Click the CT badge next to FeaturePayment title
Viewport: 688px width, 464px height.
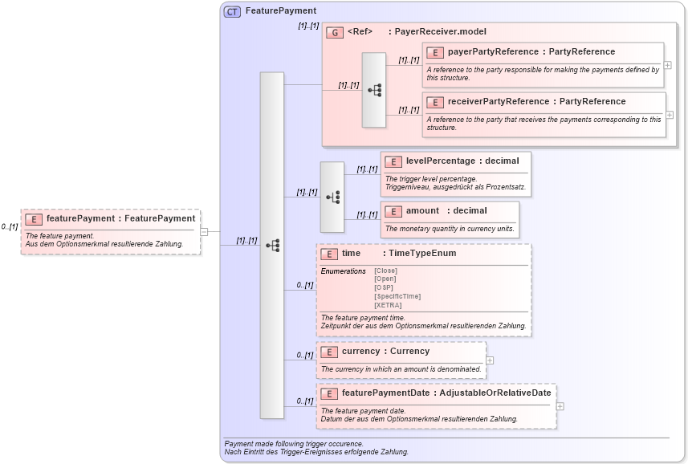pos(232,11)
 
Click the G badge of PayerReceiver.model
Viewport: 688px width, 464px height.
pos(335,32)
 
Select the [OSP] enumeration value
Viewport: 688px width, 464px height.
pos(385,287)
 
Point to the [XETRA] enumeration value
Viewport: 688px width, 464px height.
pos(389,305)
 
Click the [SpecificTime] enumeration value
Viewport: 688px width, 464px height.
pos(397,296)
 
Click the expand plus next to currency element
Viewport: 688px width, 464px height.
pos(490,360)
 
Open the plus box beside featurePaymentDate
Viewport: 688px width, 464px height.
pos(560,406)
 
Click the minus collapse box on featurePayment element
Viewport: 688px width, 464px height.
pos(204,232)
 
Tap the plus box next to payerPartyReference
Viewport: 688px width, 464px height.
pos(668,65)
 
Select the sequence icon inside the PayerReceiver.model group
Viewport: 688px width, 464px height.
pos(374,90)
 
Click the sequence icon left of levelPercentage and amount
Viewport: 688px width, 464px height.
pos(332,197)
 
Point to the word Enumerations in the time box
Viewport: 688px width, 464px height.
pos(343,271)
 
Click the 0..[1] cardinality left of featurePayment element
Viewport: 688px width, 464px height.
pos(10,227)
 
